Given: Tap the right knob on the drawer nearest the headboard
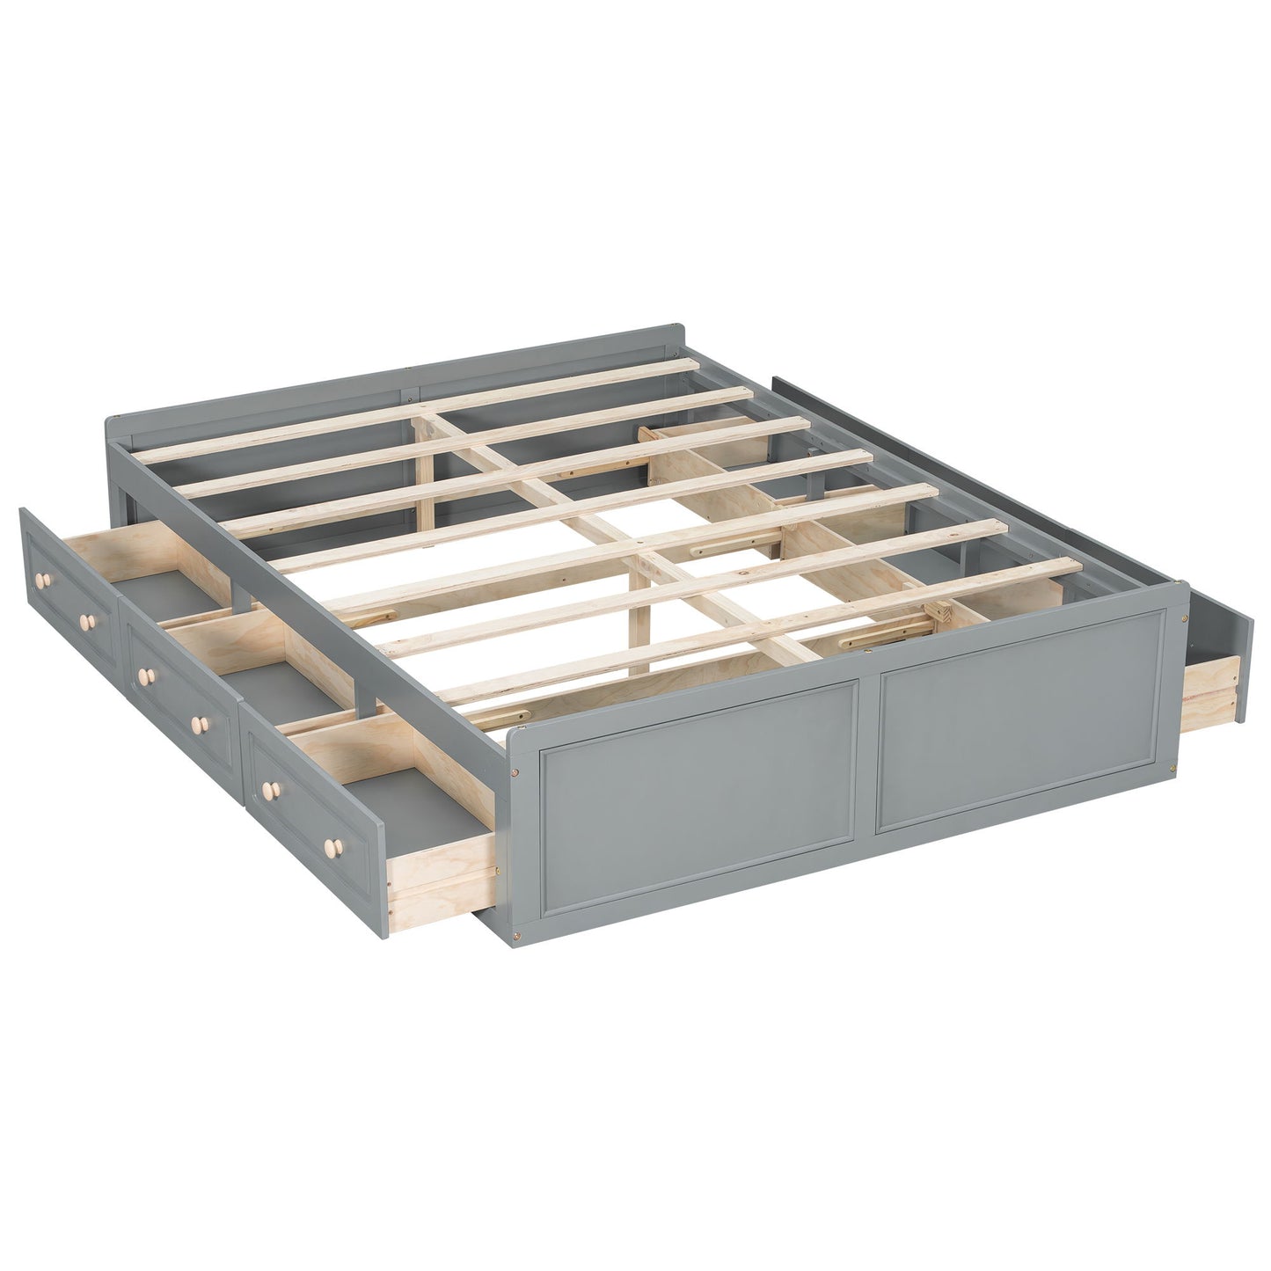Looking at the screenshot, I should point(85,622).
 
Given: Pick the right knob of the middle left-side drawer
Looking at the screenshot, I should point(201,722).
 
